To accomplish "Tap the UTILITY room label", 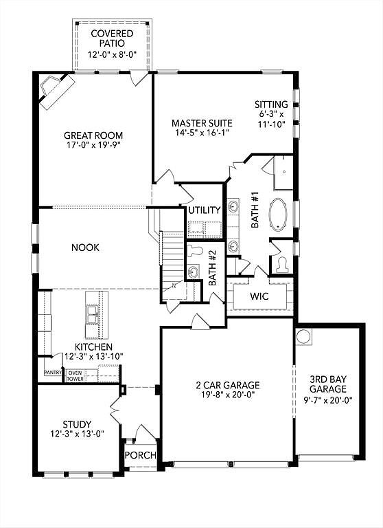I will point(205,210).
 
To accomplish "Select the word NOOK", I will point(85,247).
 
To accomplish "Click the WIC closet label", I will point(259,297).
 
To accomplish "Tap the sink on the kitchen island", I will point(92,315).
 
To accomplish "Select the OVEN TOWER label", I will point(75,375).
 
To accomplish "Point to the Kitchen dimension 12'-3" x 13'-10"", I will point(94,357).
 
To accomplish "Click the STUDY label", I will point(76,423).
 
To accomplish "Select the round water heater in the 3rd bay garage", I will point(303,338).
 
